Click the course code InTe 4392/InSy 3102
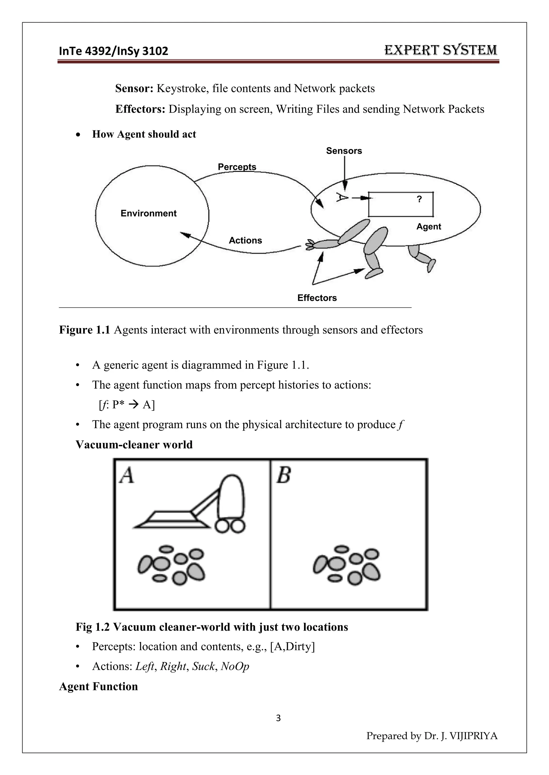point(113,51)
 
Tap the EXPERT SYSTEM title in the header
point(440,50)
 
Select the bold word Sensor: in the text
point(134,88)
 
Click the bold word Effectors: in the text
point(140,109)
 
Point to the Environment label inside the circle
point(149,213)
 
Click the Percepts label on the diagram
point(237,167)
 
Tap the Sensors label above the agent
point(344,151)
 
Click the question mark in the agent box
point(419,199)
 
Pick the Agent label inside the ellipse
point(428,227)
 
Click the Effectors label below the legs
point(317,298)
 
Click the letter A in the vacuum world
point(127,475)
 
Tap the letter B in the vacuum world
point(284,475)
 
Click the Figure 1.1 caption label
point(84,330)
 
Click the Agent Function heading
point(98,687)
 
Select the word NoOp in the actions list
point(235,666)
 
